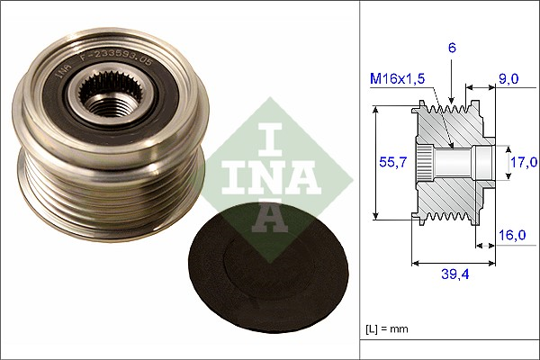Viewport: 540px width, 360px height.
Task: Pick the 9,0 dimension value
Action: point(508,78)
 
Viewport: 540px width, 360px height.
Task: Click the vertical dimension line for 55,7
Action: point(374,162)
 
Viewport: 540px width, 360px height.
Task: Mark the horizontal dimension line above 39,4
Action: point(454,264)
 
